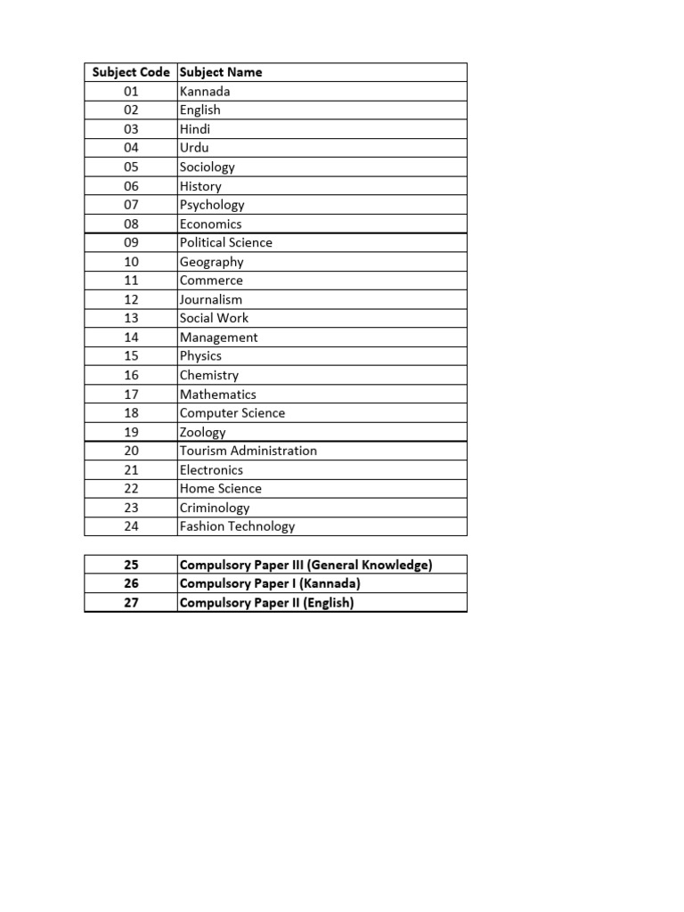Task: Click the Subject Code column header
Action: point(131,72)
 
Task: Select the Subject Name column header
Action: point(221,72)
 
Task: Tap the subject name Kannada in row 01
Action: point(205,91)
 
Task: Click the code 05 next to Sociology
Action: point(131,167)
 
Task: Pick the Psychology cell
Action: point(212,205)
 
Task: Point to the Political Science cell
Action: point(226,242)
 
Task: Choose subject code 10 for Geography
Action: point(131,262)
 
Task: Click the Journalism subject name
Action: point(211,299)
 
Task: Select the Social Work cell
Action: point(214,318)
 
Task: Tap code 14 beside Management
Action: point(131,338)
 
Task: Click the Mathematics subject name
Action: point(218,395)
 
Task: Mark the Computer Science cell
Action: point(232,413)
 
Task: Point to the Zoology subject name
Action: point(203,432)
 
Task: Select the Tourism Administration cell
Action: point(248,451)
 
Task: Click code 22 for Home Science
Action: point(131,488)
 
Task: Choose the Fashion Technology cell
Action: point(237,526)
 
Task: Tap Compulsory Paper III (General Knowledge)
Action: point(305,565)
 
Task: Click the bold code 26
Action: point(131,583)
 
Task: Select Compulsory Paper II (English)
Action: point(266,603)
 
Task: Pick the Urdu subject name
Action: point(194,148)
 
